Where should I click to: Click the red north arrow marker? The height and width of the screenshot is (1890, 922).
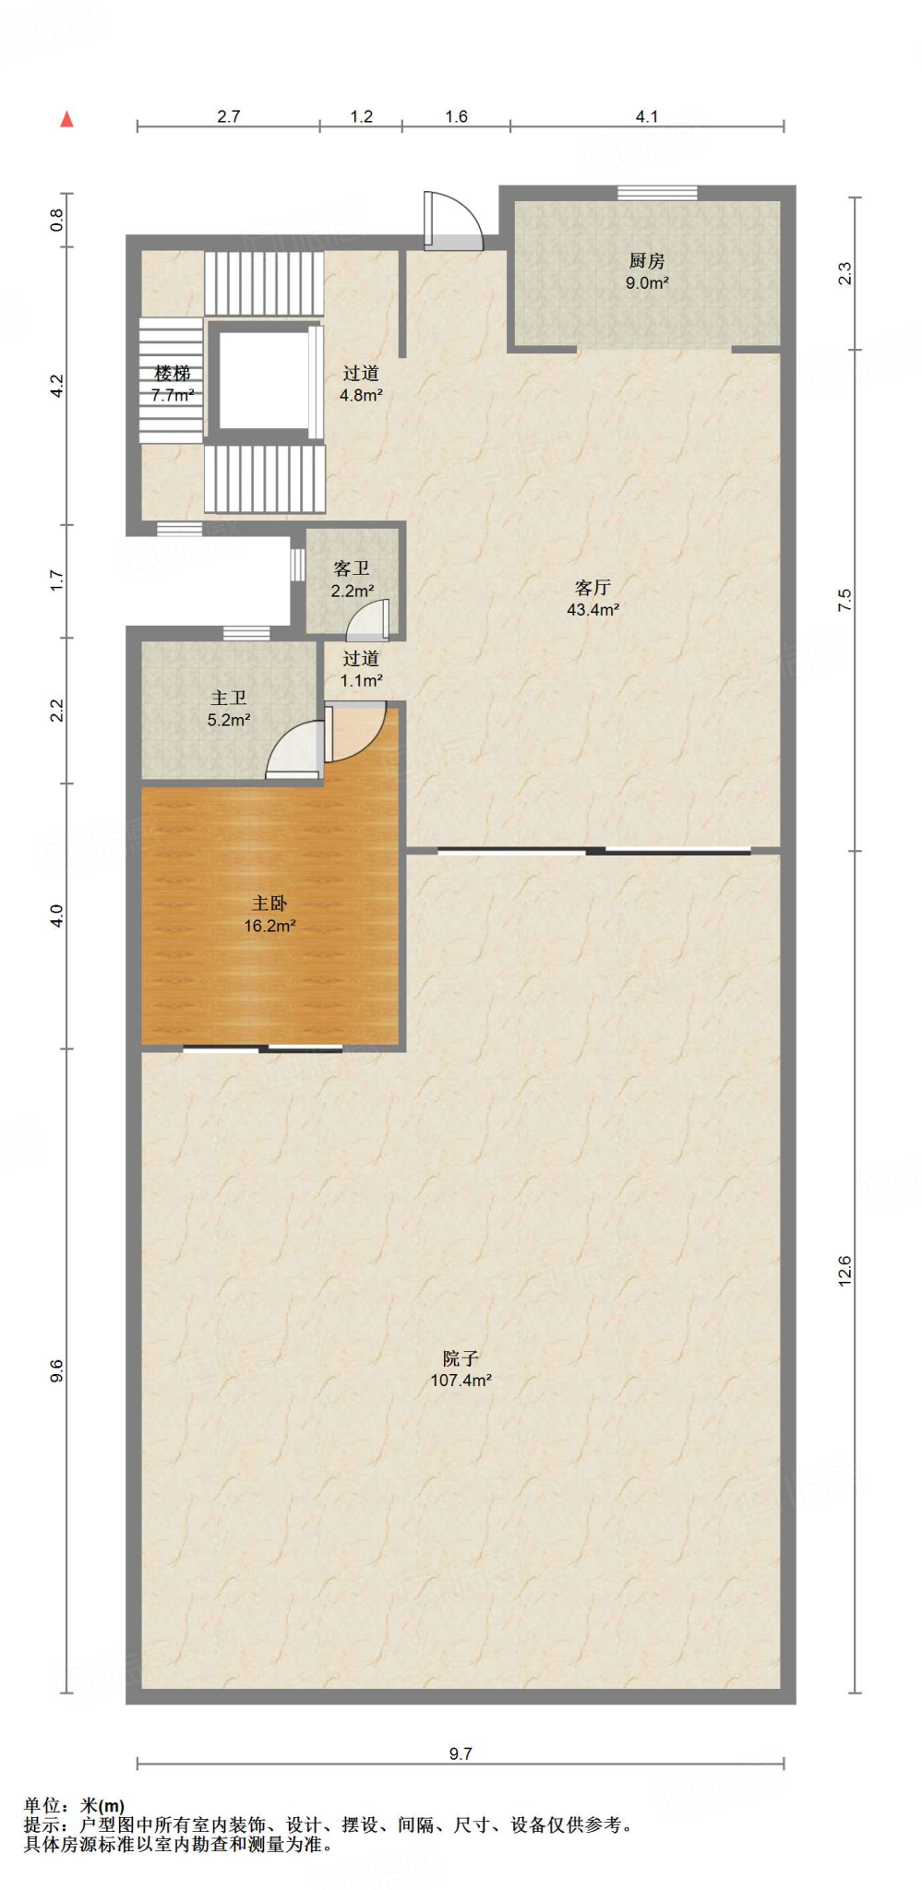(x=66, y=119)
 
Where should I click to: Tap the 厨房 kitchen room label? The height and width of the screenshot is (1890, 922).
(x=647, y=261)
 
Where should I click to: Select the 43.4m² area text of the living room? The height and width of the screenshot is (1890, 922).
(x=593, y=610)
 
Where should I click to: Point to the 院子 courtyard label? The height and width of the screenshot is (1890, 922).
(x=461, y=1358)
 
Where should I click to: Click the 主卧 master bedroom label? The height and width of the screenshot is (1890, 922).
(x=269, y=903)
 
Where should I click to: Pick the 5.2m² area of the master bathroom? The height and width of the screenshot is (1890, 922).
(x=229, y=721)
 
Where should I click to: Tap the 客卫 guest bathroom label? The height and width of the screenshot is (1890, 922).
(x=352, y=569)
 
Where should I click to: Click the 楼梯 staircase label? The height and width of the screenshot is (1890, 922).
(x=173, y=374)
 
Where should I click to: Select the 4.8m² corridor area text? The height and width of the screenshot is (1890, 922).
(x=361, y=395)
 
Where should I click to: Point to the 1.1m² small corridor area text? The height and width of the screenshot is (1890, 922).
(x=361, y=681)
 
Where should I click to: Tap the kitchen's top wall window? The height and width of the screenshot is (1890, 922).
(x=657, y=193)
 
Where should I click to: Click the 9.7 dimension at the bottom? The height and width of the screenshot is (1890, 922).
(x=461, y=1753)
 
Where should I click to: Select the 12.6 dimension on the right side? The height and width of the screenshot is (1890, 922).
(x=844, y=1272)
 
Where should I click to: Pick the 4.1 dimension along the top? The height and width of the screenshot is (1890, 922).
(x=647, y=116)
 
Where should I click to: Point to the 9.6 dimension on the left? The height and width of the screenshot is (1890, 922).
(x=56, y=1370)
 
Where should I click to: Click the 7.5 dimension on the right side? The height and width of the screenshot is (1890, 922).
(x=844, y=600)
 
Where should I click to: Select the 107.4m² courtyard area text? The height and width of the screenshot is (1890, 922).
(x=461, y=1381)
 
